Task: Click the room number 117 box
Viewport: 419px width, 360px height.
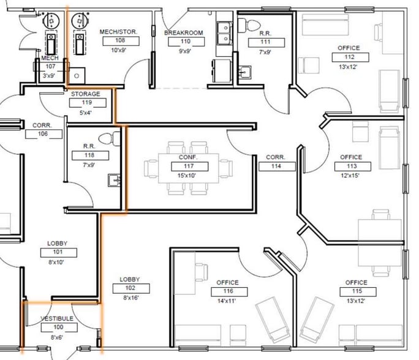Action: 189,167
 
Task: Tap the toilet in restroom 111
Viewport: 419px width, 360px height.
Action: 249,26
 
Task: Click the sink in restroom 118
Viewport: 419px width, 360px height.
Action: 114,180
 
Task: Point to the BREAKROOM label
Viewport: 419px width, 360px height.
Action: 184,33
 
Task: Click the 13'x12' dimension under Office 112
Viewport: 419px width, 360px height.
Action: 348,67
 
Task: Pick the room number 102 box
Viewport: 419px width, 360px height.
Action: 131,288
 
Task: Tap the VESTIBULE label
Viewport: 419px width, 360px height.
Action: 57,318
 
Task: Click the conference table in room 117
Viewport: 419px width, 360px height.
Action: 189,168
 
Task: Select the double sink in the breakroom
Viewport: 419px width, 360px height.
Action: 224,34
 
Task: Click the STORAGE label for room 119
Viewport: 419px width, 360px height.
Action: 86,94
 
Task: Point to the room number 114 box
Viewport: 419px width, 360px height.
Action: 277,167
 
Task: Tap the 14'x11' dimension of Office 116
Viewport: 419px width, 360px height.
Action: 226,301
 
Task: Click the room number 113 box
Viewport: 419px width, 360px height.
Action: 353,167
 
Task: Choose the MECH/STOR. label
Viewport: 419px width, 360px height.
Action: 118,32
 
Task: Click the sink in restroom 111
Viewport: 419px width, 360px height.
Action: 245,72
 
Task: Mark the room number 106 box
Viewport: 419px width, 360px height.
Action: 44,134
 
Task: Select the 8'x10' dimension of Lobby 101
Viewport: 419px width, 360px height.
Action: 56,262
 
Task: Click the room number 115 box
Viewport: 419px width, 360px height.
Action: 358,291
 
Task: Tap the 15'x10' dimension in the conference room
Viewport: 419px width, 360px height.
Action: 186,176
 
